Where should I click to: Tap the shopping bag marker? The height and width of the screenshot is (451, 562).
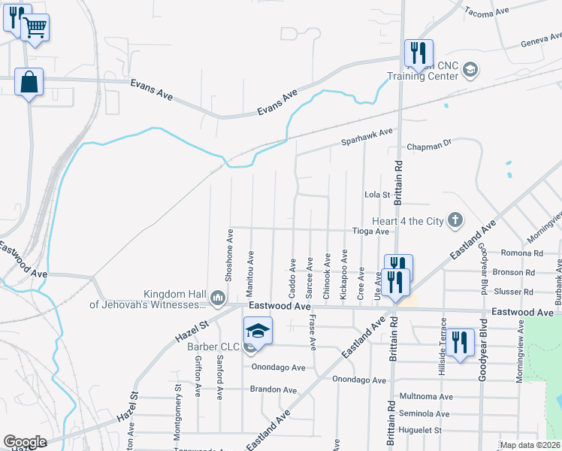29,82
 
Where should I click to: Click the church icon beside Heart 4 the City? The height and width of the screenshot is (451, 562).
454,220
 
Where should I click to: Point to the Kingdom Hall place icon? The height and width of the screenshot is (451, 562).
218,298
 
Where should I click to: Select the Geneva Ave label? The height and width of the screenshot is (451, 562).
542,39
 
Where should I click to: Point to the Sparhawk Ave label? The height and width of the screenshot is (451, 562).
367,135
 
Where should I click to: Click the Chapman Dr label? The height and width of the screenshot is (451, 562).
429,146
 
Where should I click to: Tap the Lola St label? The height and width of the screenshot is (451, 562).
377,195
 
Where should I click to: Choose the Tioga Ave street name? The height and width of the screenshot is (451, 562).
372,232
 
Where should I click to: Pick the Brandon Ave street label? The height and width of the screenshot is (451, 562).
273,389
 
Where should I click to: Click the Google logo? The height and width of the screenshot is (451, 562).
25,442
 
